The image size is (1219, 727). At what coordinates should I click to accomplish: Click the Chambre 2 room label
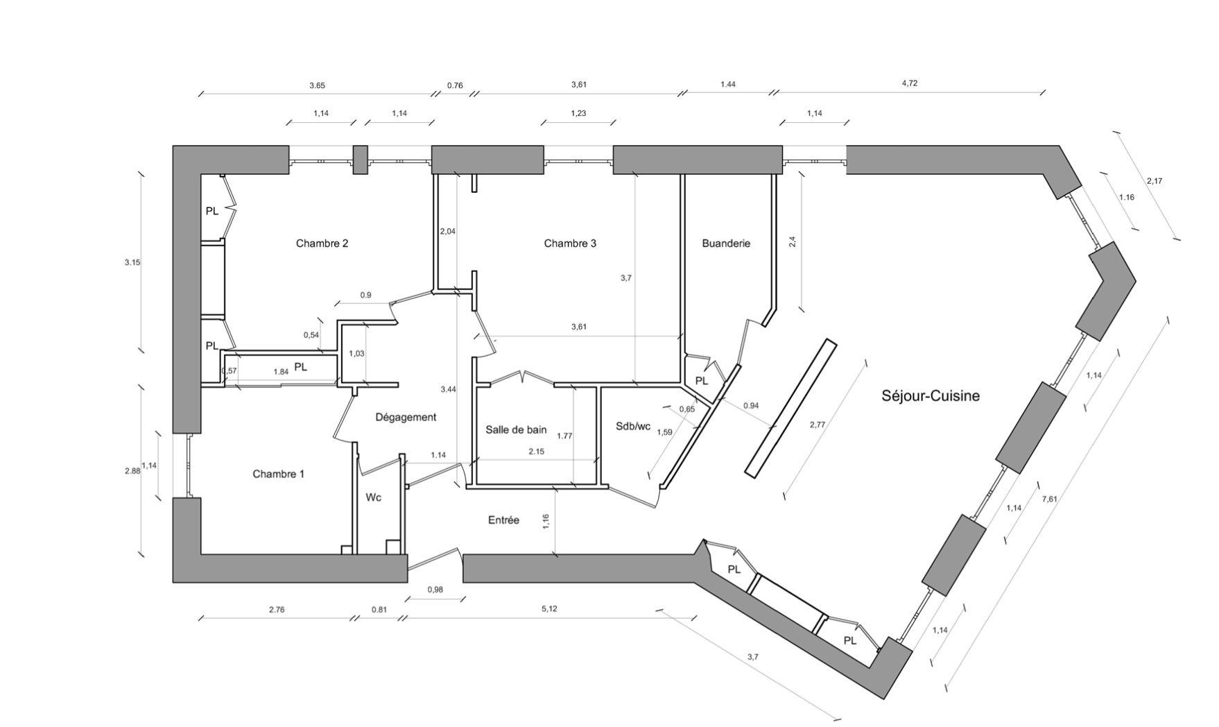322,243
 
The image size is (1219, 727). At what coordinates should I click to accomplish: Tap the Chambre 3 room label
569,243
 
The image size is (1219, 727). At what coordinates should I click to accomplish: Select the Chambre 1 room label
278,474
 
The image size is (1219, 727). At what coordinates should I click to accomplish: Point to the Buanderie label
726,243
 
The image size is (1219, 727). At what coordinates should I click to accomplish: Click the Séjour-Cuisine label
930,396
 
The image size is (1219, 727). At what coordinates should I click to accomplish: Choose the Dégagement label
406,418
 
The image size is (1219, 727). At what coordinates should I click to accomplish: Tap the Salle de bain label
516,430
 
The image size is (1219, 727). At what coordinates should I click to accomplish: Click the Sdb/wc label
632,427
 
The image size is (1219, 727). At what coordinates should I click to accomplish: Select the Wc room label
373,498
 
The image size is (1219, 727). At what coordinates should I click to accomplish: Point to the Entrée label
503,520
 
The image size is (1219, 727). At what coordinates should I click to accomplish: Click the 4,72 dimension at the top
909,83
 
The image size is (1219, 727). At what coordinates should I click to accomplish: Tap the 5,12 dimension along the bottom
548,609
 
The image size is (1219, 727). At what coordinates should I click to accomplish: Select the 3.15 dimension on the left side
132,263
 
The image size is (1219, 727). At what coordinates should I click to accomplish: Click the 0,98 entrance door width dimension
435,590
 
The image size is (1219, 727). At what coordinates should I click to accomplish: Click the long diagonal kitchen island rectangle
790,408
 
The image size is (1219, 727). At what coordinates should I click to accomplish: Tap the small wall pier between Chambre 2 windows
360,160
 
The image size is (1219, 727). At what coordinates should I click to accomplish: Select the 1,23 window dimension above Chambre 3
578,113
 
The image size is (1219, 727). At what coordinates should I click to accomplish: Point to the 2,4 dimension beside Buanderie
793,241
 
